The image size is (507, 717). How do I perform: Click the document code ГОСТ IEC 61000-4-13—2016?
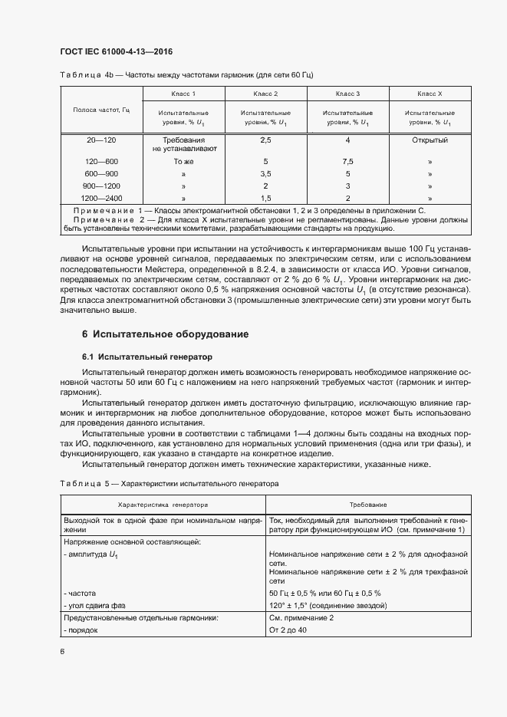coord(116,51)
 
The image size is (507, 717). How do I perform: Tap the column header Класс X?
coord(430,94)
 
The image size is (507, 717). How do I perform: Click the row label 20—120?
coord(101,140)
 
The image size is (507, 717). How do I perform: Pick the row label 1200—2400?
coord(101,198)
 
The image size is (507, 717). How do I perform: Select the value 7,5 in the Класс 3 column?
coord(347,162)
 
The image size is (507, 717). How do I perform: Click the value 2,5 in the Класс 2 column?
coord(265,140)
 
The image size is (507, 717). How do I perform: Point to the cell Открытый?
coord(430,140)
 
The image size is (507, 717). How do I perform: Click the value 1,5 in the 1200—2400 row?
coord(265,198)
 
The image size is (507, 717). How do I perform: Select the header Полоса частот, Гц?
coord(101,110)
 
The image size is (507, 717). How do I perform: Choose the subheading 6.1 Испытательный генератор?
coord(147,357)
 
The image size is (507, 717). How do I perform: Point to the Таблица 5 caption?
coord(168,485)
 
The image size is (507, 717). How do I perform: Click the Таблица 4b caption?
coord(187,74)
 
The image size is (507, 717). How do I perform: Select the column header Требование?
coord(368,505)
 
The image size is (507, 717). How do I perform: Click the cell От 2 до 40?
coord(288,630)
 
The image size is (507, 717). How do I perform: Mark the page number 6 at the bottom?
coord(63,652)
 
